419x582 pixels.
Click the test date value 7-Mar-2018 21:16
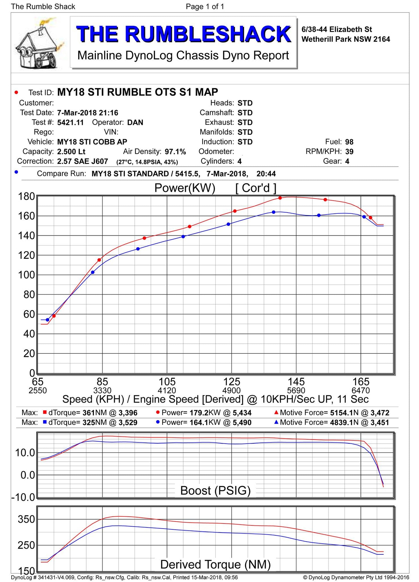[88, 113]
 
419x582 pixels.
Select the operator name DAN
[135, 122]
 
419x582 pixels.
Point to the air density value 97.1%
[175, 152]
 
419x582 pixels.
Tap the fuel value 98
[349, 142]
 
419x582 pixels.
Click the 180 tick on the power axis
[27, 197]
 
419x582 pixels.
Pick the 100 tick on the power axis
[27, 275]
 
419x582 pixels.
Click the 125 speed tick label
[231, 381]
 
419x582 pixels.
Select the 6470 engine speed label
[360, 390]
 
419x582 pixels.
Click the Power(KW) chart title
[185, 188]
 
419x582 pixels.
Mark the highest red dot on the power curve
[280, 198]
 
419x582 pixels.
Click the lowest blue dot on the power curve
[48, 320]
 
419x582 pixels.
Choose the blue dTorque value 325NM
[95, 422]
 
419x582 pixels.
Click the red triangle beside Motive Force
[276, 412]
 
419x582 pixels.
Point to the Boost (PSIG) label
[215, 491]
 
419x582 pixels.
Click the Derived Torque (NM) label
[215, 565]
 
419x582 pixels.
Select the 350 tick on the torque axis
[26, 519]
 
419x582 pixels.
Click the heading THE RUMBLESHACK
[183, 34]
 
